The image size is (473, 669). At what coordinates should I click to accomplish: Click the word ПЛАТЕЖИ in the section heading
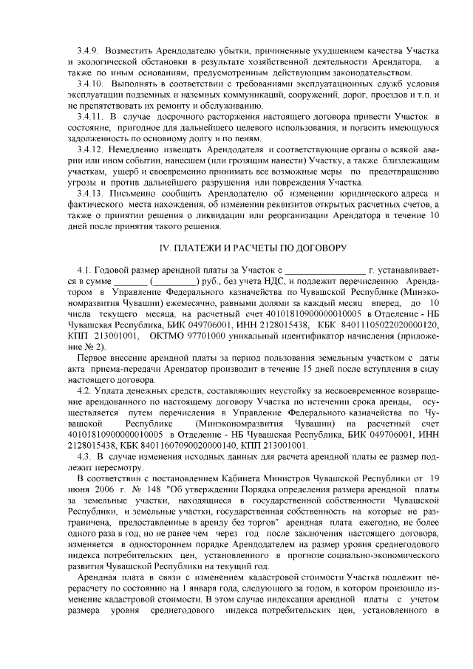205,245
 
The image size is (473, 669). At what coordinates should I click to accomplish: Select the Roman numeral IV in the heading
167,245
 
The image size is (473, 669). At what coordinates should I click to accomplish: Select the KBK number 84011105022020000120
392,324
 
